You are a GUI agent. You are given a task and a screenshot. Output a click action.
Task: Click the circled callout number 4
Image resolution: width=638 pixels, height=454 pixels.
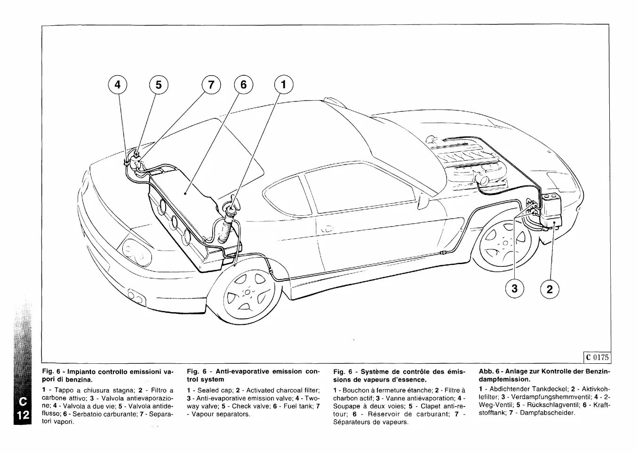[117, 85]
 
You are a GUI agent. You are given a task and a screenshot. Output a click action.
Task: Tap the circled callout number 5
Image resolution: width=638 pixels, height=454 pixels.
[159, 85]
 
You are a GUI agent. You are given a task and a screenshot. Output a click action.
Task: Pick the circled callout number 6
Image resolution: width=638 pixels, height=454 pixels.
[243, 85]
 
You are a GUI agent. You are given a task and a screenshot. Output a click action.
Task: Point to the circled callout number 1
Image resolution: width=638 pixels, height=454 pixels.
[283, 85]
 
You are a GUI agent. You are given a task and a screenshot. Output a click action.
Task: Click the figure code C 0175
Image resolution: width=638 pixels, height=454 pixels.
[597, 357]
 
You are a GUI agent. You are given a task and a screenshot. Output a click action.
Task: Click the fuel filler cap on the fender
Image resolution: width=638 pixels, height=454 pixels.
[231, 207]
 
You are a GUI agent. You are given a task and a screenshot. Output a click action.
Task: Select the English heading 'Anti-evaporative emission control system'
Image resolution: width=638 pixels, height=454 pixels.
[253, 375]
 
